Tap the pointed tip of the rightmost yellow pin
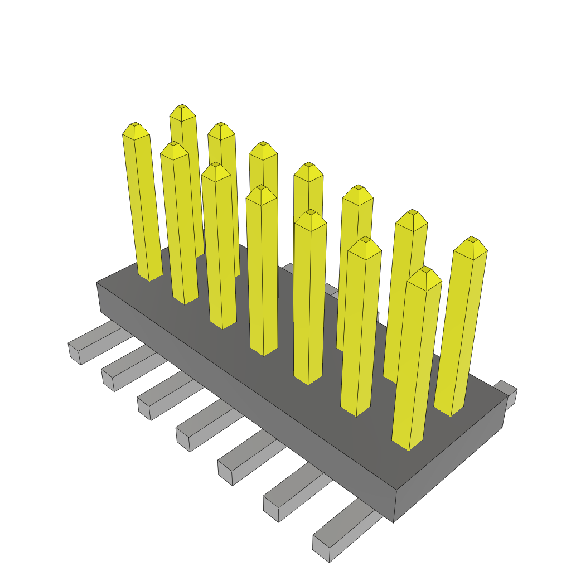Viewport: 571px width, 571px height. coord(472,239)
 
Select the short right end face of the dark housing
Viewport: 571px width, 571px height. coord(449,474)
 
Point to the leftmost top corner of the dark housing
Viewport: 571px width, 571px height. coord(97,283)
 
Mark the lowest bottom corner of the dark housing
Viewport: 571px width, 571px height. coord(394,522)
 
